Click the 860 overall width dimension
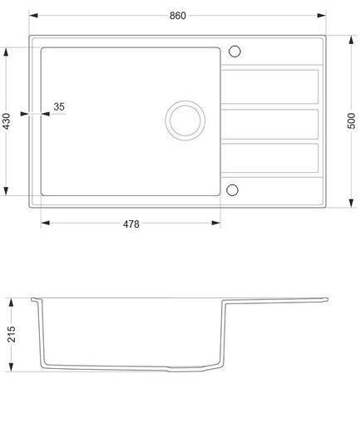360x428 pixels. point(176,16)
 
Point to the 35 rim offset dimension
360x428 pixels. point(59,106)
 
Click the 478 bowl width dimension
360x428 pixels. point(131,224)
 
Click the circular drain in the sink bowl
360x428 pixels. point(184,119)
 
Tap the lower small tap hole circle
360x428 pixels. point(233,188)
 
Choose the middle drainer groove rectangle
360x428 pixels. point(269,122)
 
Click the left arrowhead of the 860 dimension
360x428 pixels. point(33,16)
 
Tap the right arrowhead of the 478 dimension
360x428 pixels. point(217,224)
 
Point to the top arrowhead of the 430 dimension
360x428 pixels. point(7,49)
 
